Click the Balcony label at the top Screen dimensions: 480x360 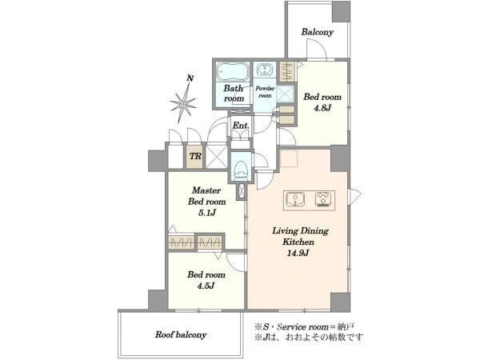click(x=317, y=32)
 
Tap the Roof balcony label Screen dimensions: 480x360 click(x=181, y=334)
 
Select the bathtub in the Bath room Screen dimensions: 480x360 click(x=233, y=71)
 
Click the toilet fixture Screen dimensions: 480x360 click(x=241, y=170)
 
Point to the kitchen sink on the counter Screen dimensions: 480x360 click(x=295, y=199)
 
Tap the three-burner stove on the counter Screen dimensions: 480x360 click(x=323, y=199)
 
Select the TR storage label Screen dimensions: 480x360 click(x=195, y=157)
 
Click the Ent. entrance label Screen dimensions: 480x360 click(x=241, y=126)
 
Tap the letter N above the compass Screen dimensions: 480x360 click(x=190, y=78)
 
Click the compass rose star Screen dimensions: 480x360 click(x=183, y=104)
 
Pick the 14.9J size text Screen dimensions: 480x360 click(x=298, y=253)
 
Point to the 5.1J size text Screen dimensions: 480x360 click(x=207, y=213)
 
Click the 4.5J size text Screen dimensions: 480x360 click(x=206, y=286)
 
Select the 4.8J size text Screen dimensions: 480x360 click(x=322, y=108)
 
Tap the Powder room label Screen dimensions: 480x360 click(x=265, y=92)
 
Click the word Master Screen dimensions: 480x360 click(x=206, y=190)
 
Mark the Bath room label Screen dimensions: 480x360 click(x=234, y=94)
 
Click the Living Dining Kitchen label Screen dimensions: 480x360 click(x=300, y=236)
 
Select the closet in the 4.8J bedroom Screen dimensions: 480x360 click(x=287, y=72)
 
